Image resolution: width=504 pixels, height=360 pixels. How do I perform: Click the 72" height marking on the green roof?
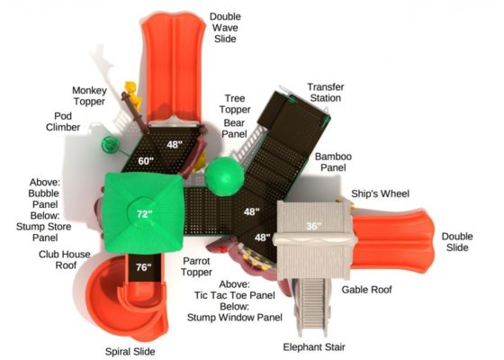(x=144, y=214)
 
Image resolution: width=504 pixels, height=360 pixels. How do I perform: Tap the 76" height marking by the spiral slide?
(x=143, y=267)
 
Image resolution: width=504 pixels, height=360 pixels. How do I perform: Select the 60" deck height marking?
(x=146, y=161)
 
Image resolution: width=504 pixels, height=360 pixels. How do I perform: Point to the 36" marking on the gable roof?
(x=314, y=226)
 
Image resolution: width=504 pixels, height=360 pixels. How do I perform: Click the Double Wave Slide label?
(x=225, y=28)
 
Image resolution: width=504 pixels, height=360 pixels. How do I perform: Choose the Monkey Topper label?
(x=89, y=95)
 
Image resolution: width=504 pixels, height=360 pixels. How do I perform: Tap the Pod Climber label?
(x=63, y=121)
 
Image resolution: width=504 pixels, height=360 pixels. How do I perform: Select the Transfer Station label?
(x=326, y=92)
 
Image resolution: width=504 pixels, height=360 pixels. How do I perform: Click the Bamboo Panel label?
(x=333, y=162)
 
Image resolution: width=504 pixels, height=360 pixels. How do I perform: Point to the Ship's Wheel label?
(x=380, y=193)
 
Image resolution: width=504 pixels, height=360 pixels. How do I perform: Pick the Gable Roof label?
(x=367, y=290)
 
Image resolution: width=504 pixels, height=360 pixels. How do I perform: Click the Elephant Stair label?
(x=314, y=347)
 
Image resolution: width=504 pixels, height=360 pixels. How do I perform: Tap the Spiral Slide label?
(x=130, y=352)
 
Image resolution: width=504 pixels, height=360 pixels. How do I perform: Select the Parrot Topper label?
(x=196, y=266)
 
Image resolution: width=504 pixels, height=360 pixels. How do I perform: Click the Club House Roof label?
(x=65, y=260)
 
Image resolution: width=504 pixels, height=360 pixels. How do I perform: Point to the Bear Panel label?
(x=234, y=128)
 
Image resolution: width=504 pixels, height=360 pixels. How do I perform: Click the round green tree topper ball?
(x=224, y=176)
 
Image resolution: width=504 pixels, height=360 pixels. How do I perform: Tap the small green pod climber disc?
(x=111, y=144)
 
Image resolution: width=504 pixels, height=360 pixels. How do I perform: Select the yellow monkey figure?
(x=133, y=94)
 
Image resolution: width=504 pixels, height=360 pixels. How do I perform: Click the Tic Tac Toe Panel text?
(x=235, y=295)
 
